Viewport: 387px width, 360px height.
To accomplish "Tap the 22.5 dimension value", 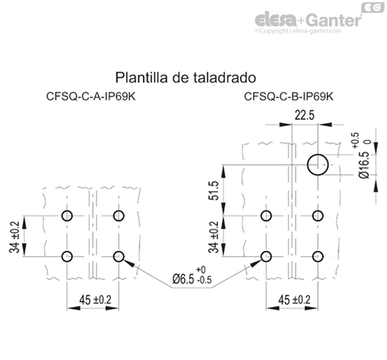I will [305, 116].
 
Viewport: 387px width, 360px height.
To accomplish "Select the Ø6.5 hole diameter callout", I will [191, 279].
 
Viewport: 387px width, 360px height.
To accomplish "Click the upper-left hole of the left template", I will [67, 216].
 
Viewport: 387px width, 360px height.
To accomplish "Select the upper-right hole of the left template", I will [120, 216].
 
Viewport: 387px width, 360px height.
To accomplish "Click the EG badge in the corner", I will [369, 7].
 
